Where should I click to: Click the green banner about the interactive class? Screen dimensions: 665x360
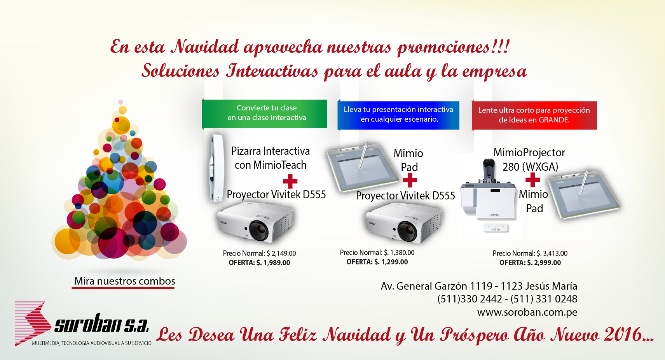point(265,114)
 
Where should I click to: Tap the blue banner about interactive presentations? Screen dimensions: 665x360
point(398,115)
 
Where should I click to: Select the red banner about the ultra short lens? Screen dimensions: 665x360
point(534,115)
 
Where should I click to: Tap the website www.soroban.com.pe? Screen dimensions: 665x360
point(527,312)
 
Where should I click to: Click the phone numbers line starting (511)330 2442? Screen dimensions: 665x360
point(507,299)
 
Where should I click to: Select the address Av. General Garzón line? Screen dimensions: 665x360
point(479,286)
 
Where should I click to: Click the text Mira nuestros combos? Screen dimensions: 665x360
point(124,281)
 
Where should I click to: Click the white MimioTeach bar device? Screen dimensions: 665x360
point(216,168)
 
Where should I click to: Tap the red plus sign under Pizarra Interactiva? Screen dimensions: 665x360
point(290,181)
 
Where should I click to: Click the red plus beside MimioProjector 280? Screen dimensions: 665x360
point(532,180)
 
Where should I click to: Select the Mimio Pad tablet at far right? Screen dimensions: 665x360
point(584,194)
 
